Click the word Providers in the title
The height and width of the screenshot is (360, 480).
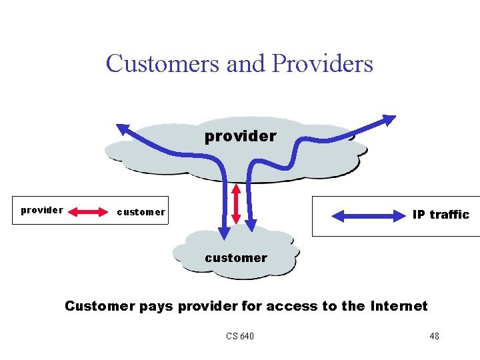tap(322, 63)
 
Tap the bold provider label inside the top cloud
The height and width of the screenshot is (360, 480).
tap(240, 136)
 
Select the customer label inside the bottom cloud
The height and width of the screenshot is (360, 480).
tap(236, 258)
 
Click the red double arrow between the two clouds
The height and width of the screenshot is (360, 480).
tap(235, 203)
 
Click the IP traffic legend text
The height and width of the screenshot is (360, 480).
tap(441, 215)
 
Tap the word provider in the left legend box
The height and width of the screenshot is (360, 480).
tap(42, 210)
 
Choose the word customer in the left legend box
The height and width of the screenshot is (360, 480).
tap(141, 212)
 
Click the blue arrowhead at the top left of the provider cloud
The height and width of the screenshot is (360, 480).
tap(123, 127)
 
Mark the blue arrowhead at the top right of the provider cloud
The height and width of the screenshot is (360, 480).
tap(387, 121)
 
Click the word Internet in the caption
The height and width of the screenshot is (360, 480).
tap(398, 306)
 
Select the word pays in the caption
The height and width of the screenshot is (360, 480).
tap(155, 307)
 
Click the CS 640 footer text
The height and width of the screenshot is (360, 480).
tap(240, 336)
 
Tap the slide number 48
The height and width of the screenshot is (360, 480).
tap(434, 336)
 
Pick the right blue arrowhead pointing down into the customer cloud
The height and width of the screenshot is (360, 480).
tap(251, 227)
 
